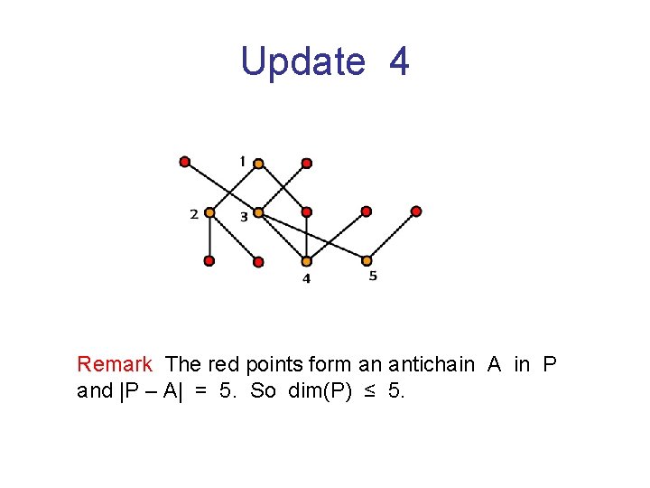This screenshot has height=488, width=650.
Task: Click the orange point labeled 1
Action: [258, 164]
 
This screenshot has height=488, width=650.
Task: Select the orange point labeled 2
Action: [209, 212]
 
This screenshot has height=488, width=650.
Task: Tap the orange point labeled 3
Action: [258, 212]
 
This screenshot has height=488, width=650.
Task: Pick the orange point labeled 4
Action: [307, 261]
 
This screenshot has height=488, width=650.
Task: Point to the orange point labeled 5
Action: [367, 260]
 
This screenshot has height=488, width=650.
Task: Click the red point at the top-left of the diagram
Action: [185, 163]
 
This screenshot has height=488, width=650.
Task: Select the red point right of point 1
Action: [307, 164]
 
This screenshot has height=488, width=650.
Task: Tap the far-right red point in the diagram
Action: [416, 211]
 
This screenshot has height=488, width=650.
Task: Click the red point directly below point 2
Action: [209, 261]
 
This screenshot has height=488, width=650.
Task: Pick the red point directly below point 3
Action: [258, 262]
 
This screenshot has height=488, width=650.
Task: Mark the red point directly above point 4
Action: [307, 212]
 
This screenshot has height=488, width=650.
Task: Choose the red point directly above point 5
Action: [367, 211]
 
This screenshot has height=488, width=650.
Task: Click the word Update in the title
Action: [302, 61]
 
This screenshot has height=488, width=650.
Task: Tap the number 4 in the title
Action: [399, 61]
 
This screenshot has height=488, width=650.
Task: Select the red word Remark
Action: [115, 364]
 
